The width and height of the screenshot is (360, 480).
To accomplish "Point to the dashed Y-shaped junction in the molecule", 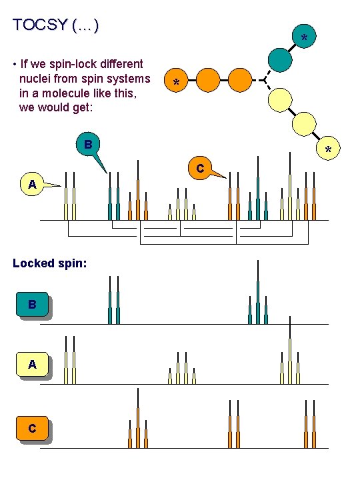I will pyautogui.click(x=264, y=81).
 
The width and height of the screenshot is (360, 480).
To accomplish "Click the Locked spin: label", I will pyautogui.click(x=49, y=263).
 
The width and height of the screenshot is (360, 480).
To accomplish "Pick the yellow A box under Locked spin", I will pyautogui.click(x=33, y=364).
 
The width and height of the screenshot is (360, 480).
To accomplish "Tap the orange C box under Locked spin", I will pyautogui.click(x=33, y=427).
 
